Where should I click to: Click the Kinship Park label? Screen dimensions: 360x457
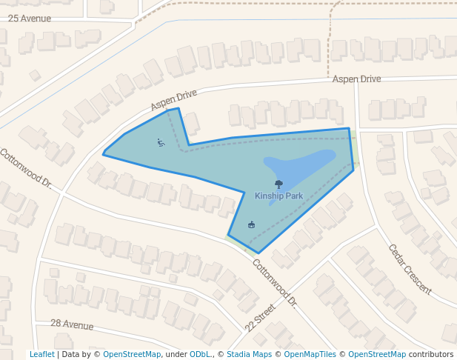[278, 196]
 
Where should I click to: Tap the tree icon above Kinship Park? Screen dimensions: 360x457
[278, 184]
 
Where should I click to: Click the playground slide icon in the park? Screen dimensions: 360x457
[161, 142]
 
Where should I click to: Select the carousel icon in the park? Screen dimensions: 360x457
[251, 224]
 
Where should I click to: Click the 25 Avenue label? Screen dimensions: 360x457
[30, 18]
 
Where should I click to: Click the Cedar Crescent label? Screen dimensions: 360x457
[410, 269]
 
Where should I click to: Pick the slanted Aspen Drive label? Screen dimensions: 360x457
[174, 101]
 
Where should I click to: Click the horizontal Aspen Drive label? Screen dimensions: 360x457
[356, 79]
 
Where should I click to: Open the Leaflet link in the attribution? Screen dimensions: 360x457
[41, 355]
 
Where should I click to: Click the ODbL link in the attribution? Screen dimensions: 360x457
[200, 355]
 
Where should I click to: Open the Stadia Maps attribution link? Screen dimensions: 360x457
[249, 355]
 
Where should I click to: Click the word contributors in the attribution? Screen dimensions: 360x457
[431, 355]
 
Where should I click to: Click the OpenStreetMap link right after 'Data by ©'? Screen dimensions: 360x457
[132, 355]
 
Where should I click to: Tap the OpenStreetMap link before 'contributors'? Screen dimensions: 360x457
[377, 355]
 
